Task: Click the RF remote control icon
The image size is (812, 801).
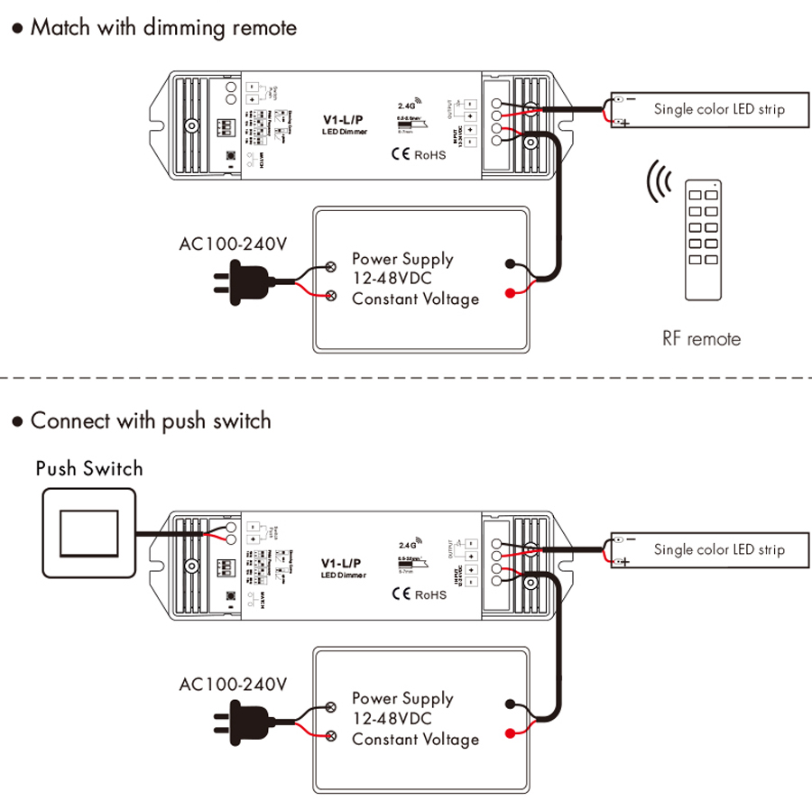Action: tap(704, 239)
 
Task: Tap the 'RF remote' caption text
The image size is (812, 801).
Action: tap(701, 339)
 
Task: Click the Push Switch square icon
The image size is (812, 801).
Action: tap(88, 533)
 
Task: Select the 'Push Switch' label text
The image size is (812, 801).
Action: tap(89, 468)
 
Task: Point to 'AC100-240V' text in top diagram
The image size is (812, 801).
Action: tap(233, 244)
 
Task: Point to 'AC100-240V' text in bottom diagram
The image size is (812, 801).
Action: tap(233, 685)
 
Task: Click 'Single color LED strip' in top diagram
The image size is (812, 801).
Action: tap(719, 109)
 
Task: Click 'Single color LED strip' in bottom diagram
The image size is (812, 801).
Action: tap(719, 549)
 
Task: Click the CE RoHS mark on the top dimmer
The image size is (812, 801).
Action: tap(418, 154)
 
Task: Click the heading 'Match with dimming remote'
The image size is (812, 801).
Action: tap(162, 27)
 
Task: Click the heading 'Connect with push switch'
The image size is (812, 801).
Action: tap(150, 420)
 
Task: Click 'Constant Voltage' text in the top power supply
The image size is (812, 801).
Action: tap(415, 299)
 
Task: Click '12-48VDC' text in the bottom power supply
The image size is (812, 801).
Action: tap(392, 718)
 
